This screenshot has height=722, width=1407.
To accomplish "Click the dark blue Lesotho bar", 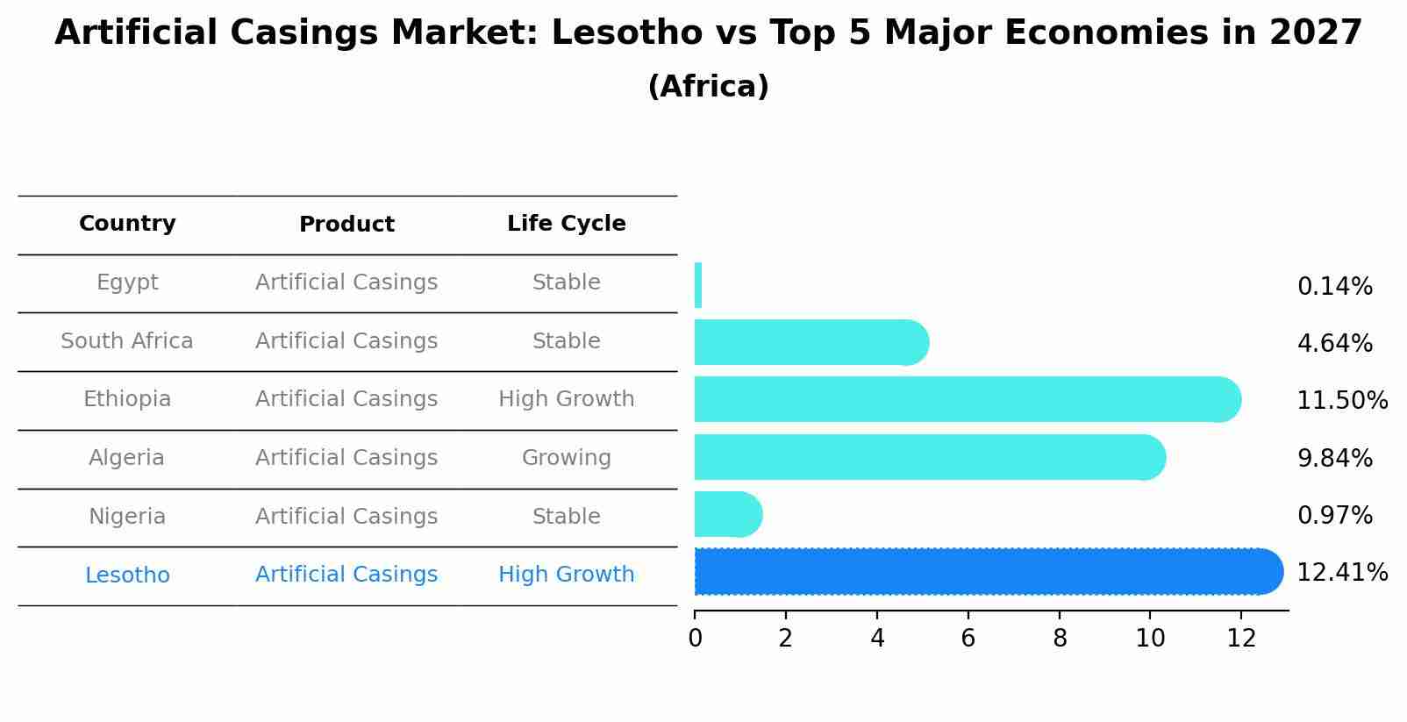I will point(982,572).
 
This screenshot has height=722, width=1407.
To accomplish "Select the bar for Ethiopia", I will point(965,399).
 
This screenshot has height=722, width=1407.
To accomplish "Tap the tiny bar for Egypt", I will point(698,285).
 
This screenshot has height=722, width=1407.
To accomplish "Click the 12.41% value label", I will point(1341,573).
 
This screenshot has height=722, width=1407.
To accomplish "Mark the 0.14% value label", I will point(1334,287).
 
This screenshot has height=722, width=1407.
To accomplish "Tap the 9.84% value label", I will point(1334,458).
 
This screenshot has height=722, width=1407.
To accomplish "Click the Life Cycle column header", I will point(566,224).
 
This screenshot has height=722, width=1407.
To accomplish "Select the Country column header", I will point(127,224).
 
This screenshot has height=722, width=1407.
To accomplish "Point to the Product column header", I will point(346,225).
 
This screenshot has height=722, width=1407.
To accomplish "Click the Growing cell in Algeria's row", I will point(566,458).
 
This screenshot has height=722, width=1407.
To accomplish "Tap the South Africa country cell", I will point(127,341).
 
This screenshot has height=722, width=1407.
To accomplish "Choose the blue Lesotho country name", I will point(127,575).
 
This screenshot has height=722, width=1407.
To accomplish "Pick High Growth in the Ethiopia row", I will point(566,399).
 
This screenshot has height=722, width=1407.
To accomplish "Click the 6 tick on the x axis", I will point(968,639).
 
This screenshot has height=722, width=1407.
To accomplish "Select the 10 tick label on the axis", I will point(1150,639).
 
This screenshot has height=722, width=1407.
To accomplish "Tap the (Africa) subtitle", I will point(708,87).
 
